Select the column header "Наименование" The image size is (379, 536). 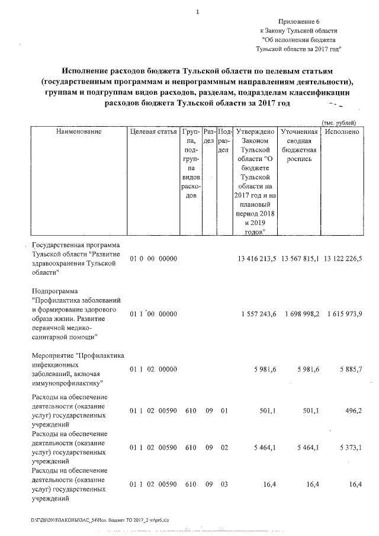[79, 131]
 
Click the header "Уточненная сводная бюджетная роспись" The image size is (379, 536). [299, 146]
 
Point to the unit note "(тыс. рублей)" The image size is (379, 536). [338, 121]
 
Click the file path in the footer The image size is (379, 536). [100, 520]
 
